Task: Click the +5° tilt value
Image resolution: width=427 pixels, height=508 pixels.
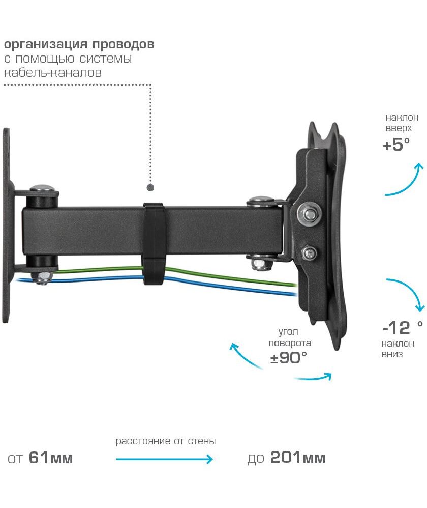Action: (x=396, y=145)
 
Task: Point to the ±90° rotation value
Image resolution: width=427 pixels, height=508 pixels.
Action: (x=289, y=358)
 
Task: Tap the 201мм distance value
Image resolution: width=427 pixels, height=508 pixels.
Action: (x=297, y=458)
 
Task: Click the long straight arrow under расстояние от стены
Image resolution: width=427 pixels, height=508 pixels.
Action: (x=164, y=459)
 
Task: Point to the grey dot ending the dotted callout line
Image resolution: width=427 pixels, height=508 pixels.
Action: (x=150, y=188)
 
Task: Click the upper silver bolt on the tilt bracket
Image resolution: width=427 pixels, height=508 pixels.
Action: (x=309, y=214)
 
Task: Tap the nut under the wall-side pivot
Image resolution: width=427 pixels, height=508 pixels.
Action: (x=42, y=277)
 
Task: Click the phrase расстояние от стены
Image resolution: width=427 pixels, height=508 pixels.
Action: (x=165, y=441)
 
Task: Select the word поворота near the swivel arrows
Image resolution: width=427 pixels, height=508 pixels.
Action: (x=290, y=343)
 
